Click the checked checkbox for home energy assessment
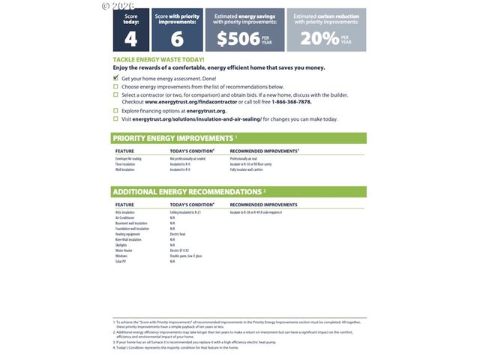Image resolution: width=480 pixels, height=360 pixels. [x=115, y=78]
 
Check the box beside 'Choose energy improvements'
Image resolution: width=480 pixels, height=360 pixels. [x=115, y=86]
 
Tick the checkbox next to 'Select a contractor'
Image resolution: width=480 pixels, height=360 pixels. [x=115, y=95]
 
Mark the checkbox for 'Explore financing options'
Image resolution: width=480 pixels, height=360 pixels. [x=115, y=110]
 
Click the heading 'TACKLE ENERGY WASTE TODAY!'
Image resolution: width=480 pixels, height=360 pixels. [x=158, y=59]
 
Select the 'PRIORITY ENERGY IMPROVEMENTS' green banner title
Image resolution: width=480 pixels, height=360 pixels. [x=172, y=138]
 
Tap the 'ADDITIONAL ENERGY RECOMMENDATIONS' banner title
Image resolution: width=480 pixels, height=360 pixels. [x=187, y=191]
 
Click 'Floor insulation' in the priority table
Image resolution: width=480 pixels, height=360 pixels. [x=125, y=164]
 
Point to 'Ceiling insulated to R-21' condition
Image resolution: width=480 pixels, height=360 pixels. [x=186, y=212]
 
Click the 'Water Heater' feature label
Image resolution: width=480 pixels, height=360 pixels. [x=125, y=250]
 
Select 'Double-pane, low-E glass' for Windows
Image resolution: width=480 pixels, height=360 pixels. [x=186, y=256]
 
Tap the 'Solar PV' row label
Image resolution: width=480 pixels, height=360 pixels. [x=121, y=261]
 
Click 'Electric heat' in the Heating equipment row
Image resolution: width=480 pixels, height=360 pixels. [x=178, y=234]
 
